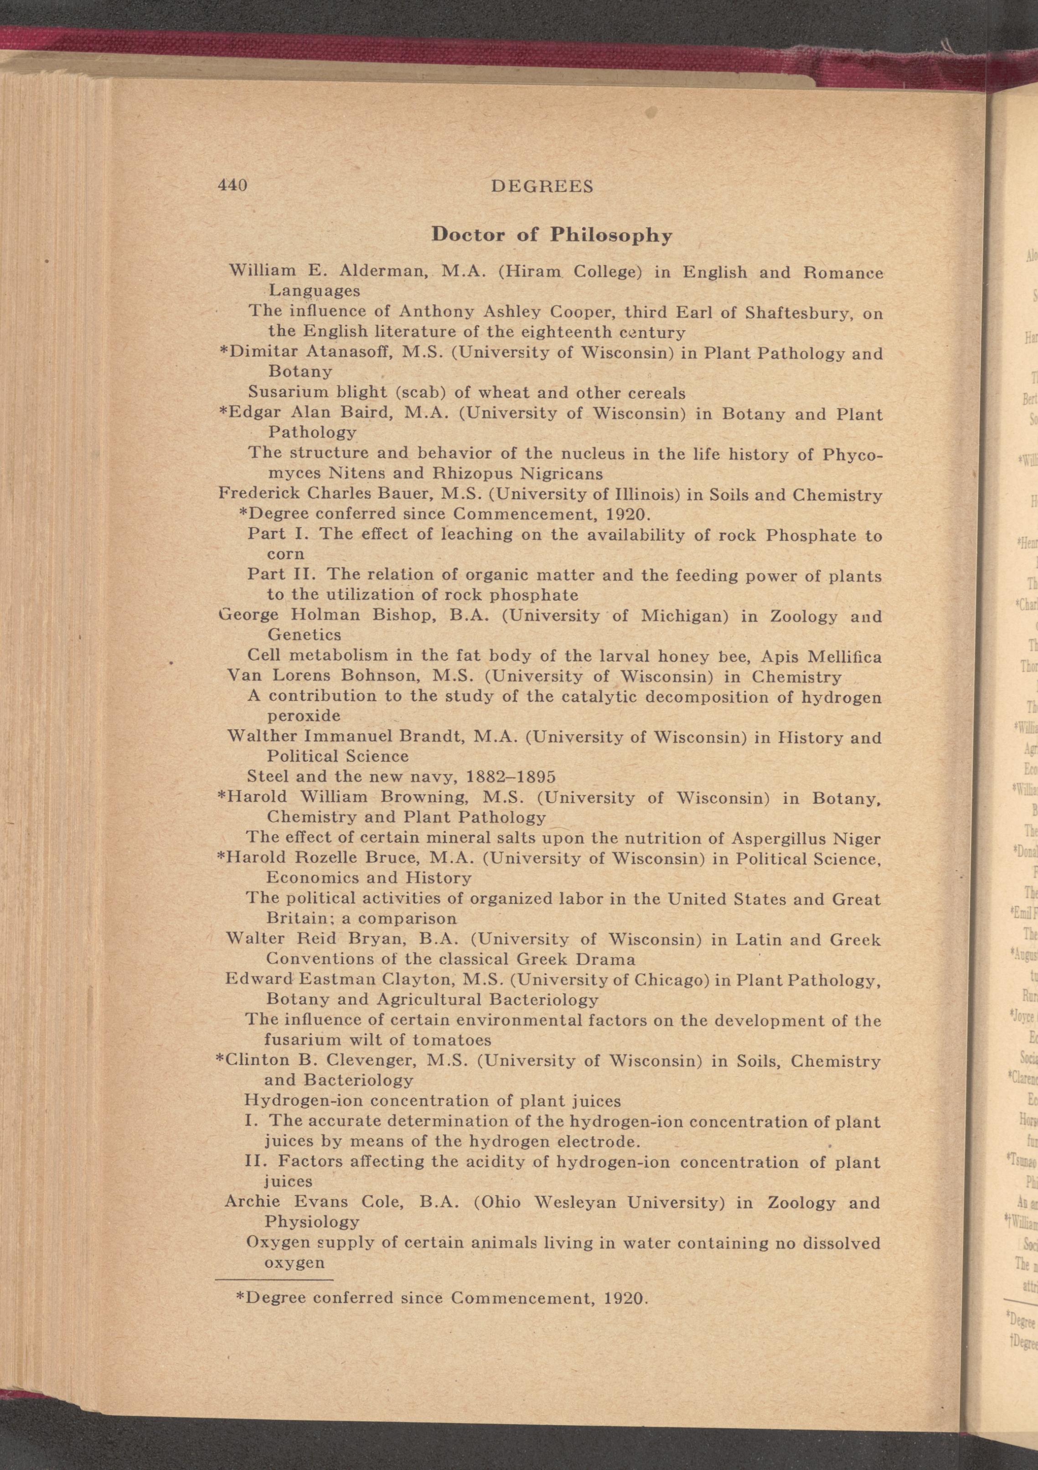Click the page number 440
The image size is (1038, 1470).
point(232,186)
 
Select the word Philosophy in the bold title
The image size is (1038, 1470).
point(611,236)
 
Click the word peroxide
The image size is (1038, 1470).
point(303,715)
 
